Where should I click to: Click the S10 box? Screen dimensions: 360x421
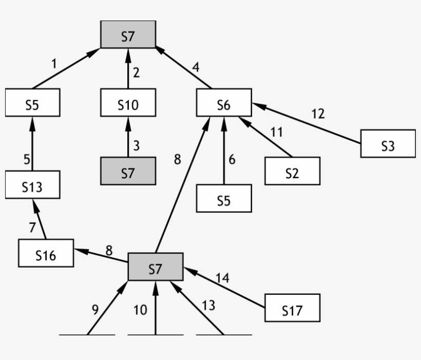pyautogui.click(x=128, y=105)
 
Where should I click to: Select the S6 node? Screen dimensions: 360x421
pyautogui.click(x=224, y=105)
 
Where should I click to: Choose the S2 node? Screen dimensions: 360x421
pyautogui.click(x=292, y=173)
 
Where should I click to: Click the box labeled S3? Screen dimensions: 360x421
pyautogui.click(x=388, y=145)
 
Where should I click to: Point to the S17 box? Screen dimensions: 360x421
pyautogui.click(x=292, y=310)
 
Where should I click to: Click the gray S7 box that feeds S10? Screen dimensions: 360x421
pyautogui.click(x=128, y=173)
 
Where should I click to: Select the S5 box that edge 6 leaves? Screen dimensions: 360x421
pyautogui.click(x=224, y=201)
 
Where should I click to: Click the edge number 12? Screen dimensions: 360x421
pyautogui.click(x=318, y=113)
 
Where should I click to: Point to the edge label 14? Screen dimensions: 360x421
pyautogui.click(x=222, y=278)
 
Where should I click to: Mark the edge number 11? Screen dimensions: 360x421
pyautogui.click(x=276, y=132)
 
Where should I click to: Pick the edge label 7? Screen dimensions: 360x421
pyautogui.click(x=32, y=227)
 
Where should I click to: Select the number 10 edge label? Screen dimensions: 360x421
pyautogui.click(x=140, y=310)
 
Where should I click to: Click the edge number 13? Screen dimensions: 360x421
pyautogui.click(x=208, y=306)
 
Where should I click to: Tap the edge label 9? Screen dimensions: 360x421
pyautogui.click(x=95, y=310)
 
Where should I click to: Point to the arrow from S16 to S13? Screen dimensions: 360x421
pyautogui.click(x=40, y=220)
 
